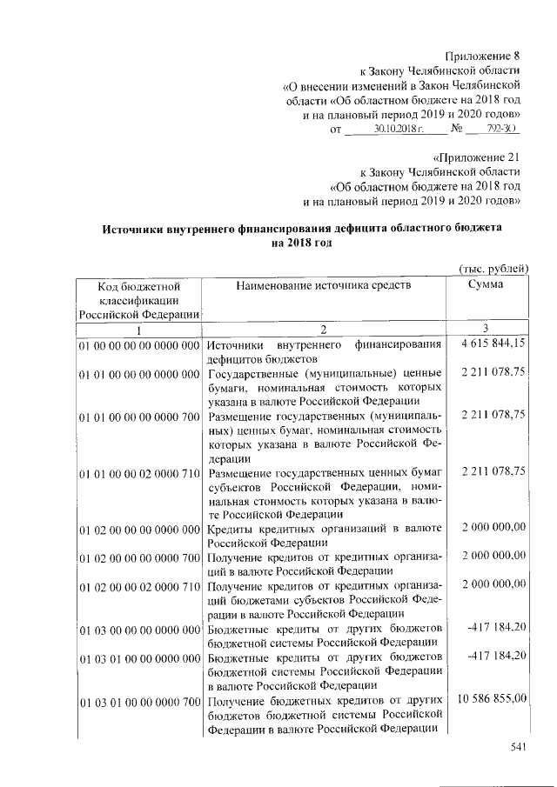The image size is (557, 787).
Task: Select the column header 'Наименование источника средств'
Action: tap(322, 284)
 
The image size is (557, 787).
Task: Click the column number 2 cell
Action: tap(322, 330)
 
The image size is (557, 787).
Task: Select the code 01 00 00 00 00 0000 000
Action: tap(139, 345)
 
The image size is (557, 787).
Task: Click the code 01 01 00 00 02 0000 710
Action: tap(139, 472)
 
